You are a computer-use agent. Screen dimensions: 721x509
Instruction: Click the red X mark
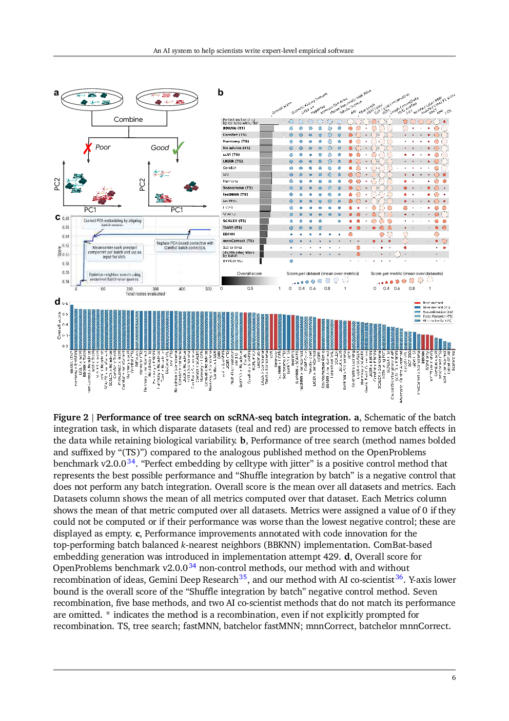88,148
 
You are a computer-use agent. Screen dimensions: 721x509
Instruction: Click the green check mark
178,149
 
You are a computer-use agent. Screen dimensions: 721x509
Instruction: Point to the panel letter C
57,218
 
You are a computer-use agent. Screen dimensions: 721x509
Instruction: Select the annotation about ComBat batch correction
185,245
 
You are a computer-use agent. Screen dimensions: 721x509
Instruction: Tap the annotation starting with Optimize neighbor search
114,277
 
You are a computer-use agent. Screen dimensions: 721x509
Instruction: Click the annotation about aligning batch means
112,223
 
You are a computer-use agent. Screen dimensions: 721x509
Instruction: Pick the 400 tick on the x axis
182,289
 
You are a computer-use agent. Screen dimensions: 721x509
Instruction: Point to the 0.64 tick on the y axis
66,236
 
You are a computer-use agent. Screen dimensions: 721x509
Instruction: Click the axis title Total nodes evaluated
145,294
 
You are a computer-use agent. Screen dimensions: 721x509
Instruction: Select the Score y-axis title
60,251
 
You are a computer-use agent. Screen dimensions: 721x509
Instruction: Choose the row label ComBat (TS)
234,135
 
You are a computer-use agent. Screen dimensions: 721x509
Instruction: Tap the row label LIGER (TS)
233,161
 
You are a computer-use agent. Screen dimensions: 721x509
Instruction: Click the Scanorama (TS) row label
238,188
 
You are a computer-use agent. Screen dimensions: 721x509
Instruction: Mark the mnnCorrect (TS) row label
238,241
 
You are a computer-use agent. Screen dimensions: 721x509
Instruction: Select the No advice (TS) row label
237,148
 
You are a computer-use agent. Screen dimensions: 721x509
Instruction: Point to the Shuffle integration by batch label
239,254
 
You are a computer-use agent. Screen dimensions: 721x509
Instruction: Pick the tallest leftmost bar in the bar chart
72,327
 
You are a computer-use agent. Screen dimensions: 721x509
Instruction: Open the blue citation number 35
243,577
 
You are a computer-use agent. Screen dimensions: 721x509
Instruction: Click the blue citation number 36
399,577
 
